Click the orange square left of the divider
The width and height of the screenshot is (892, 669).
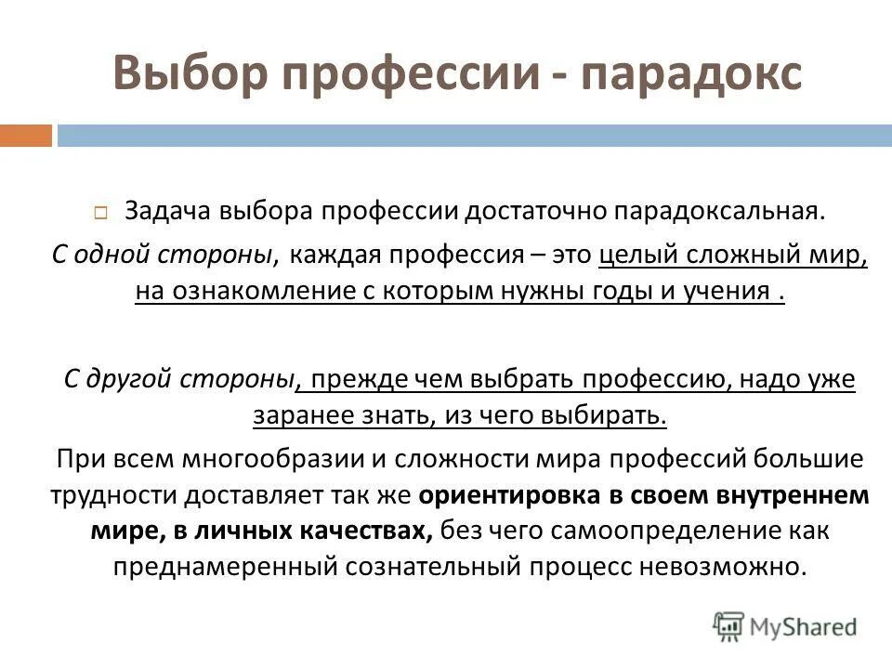point(26,136)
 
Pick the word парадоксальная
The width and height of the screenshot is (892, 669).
point(715,211)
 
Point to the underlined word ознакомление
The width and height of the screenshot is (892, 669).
point(257,291)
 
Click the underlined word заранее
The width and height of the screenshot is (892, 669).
point(296,415)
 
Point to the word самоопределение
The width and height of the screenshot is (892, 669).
point(671,531)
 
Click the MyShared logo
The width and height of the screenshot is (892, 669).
point(785,627)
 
